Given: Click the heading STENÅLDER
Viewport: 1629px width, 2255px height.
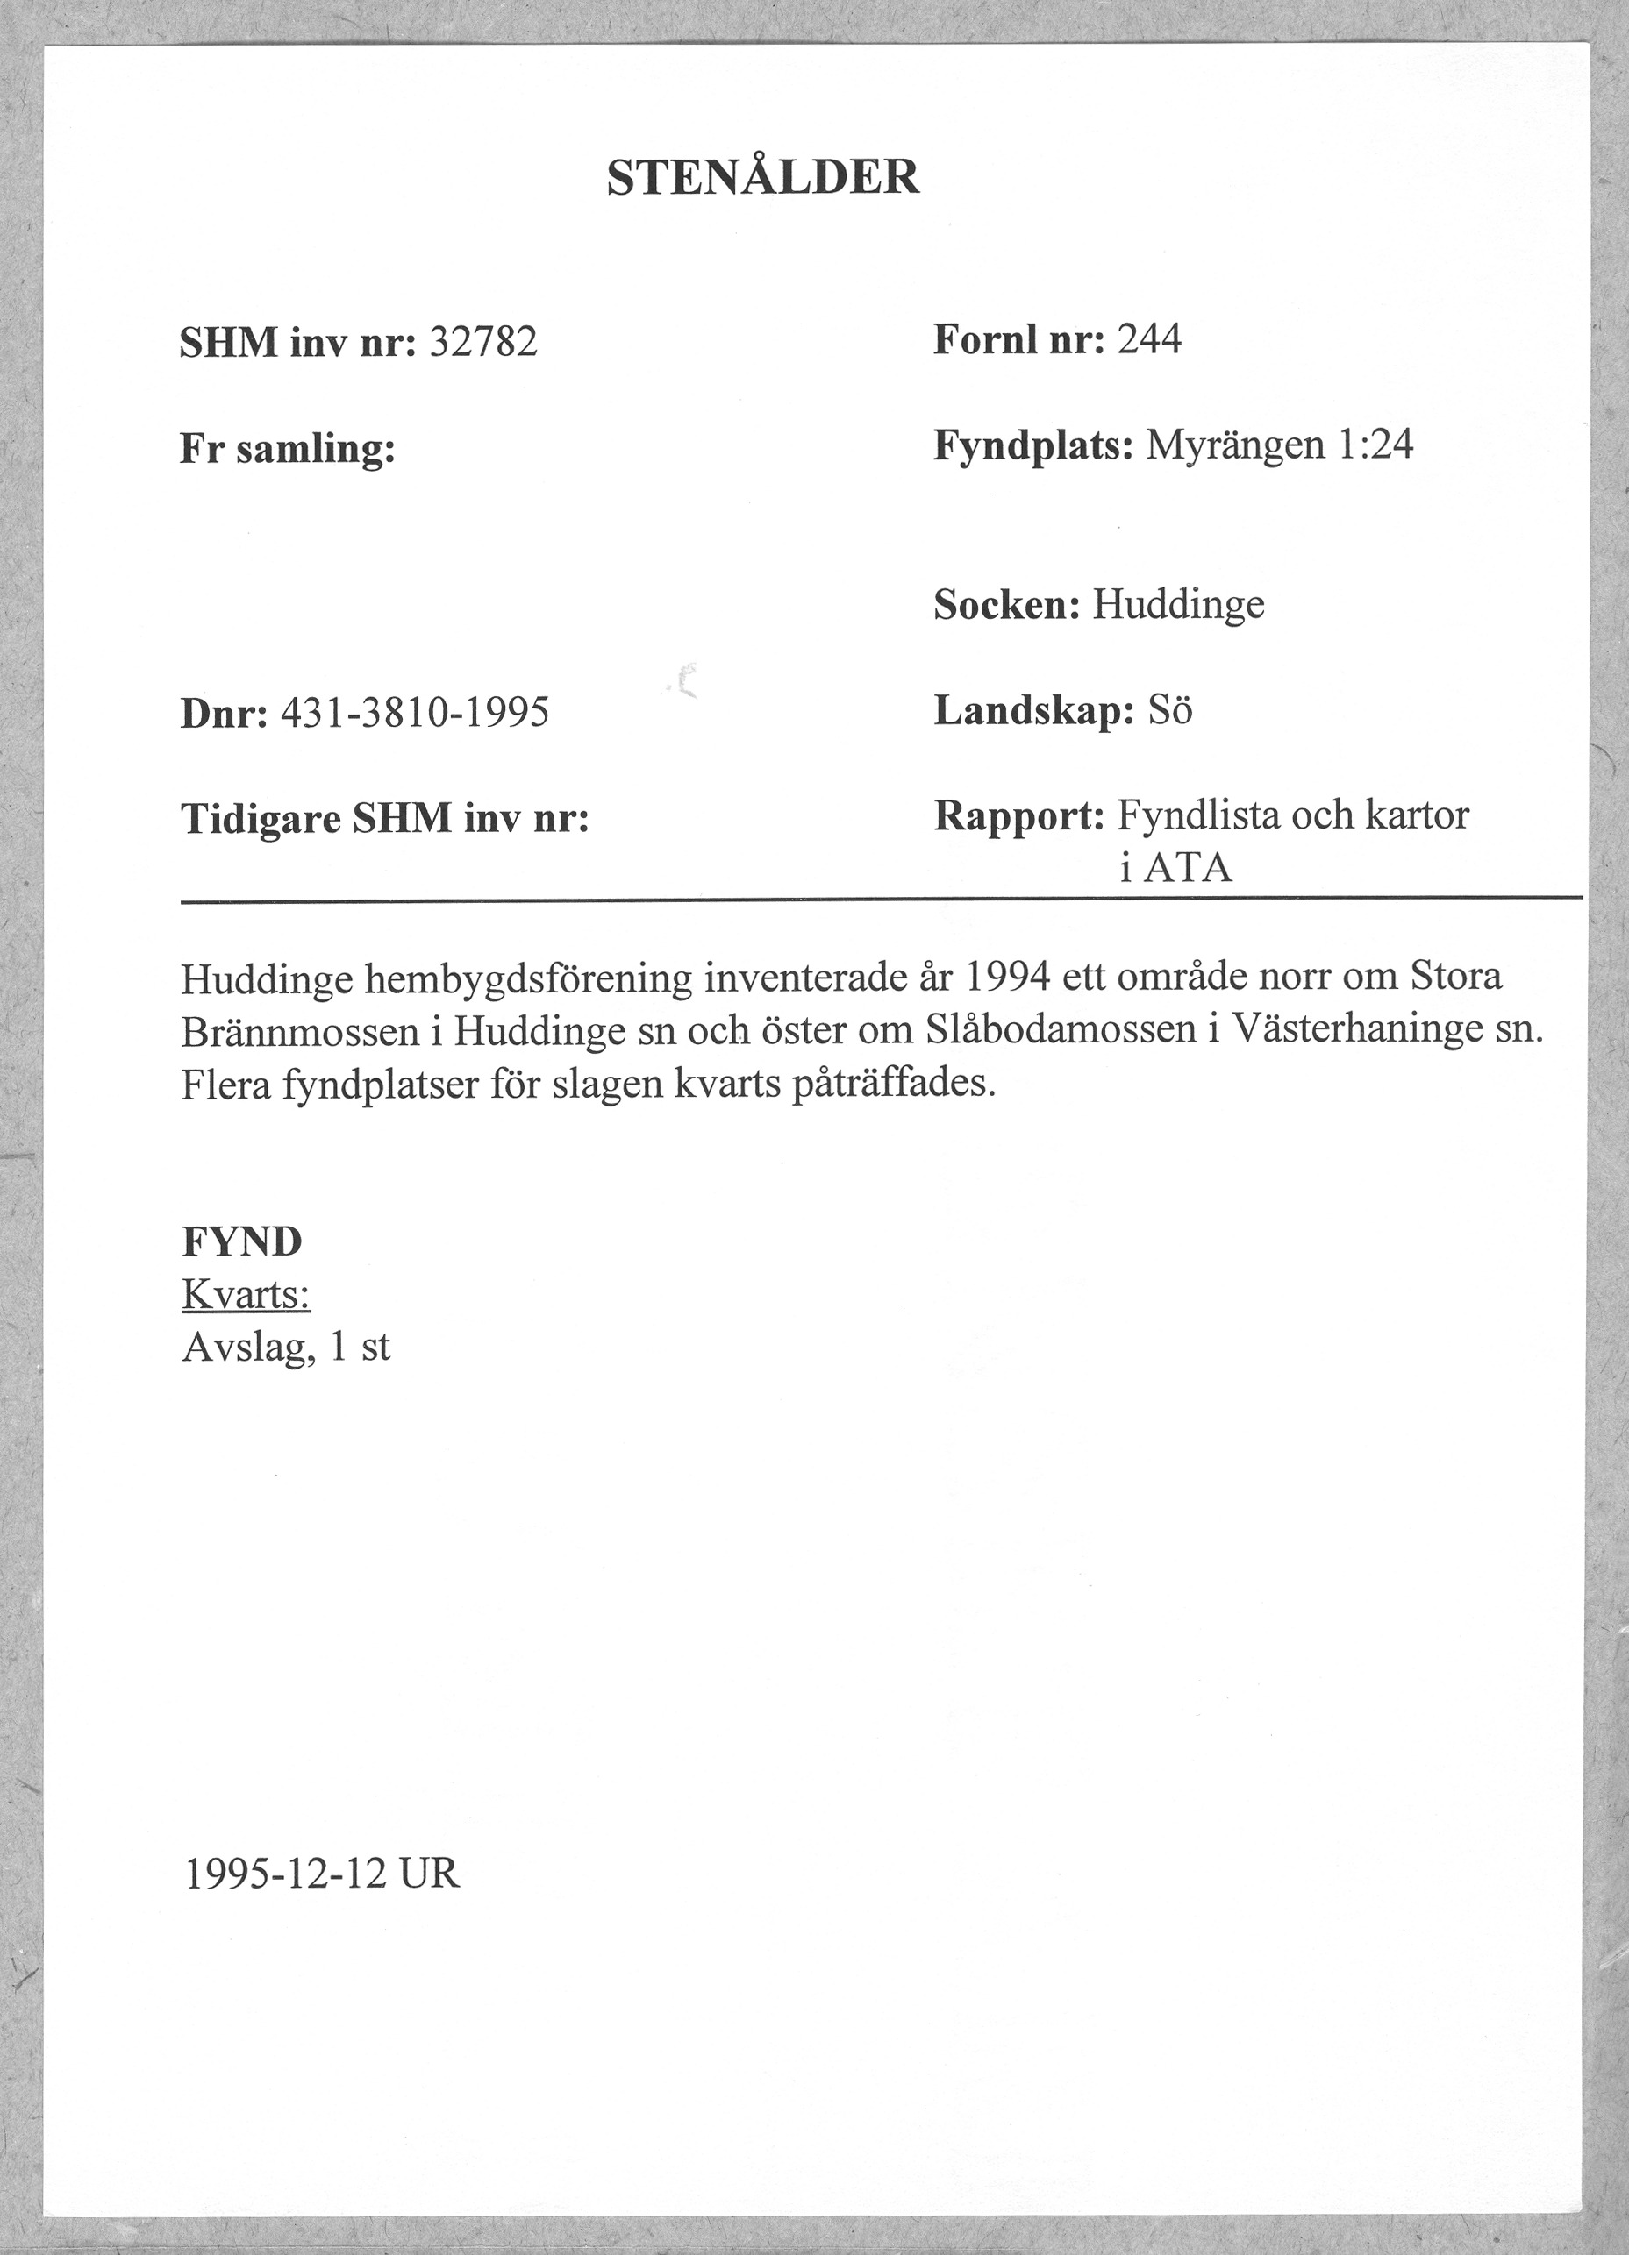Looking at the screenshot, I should coord(763,178).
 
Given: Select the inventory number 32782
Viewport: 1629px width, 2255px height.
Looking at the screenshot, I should coord(483,343).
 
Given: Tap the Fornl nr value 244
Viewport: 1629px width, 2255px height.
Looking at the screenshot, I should coord(1148,340).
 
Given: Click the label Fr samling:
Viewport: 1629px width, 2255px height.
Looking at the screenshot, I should coord(288,450).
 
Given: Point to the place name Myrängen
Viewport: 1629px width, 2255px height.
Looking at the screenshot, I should coord(1233,445).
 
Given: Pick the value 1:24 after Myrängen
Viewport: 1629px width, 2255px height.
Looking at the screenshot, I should coord(1375,445).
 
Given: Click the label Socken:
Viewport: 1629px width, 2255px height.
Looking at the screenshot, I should coord(1006,604).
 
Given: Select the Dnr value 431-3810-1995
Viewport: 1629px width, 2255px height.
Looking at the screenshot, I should coord(415,713).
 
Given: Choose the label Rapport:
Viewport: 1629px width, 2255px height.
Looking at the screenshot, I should coord(1018,816).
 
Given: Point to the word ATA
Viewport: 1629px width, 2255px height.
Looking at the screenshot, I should coord(1187,870).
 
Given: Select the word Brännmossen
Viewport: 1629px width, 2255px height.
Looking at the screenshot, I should coord(299,1032).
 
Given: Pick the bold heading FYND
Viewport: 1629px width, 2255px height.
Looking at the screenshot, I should coord(241,1241).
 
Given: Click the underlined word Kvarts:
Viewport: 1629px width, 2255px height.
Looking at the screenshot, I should coord(246,1295).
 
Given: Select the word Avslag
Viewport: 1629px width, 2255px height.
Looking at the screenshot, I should coord(246,1348).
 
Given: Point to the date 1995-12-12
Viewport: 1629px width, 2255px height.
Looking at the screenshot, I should coord(285,1875).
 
